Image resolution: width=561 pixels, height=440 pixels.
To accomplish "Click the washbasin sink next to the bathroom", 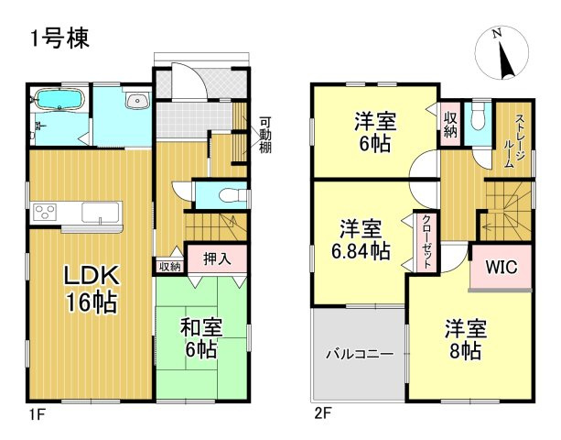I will tap(136, 102).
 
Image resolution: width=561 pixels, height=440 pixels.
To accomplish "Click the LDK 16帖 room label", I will tap(90, 288).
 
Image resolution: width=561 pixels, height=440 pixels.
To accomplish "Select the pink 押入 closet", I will tap(217, 258).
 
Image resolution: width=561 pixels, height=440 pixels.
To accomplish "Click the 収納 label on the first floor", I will tap(169, 267).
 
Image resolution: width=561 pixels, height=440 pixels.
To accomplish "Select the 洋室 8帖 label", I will tap(467, 339).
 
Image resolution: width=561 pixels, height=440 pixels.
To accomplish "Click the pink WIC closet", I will tap(501, 269).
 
